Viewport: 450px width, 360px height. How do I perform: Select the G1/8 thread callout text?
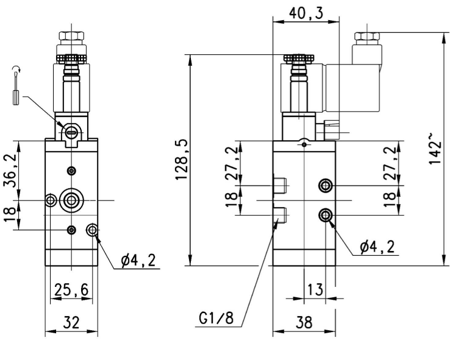pyautogui.click(x=216, y=319)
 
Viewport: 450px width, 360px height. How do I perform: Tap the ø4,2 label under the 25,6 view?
pyautogui.click(x=138, y=261)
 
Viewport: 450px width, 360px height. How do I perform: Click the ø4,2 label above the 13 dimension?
pyautogui.click(x=376, y=246)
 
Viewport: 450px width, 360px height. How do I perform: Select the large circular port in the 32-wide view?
pyautogui.click(x=72, y=199)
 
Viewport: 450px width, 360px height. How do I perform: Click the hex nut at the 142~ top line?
pyautogui.click(x=367, y=36)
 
